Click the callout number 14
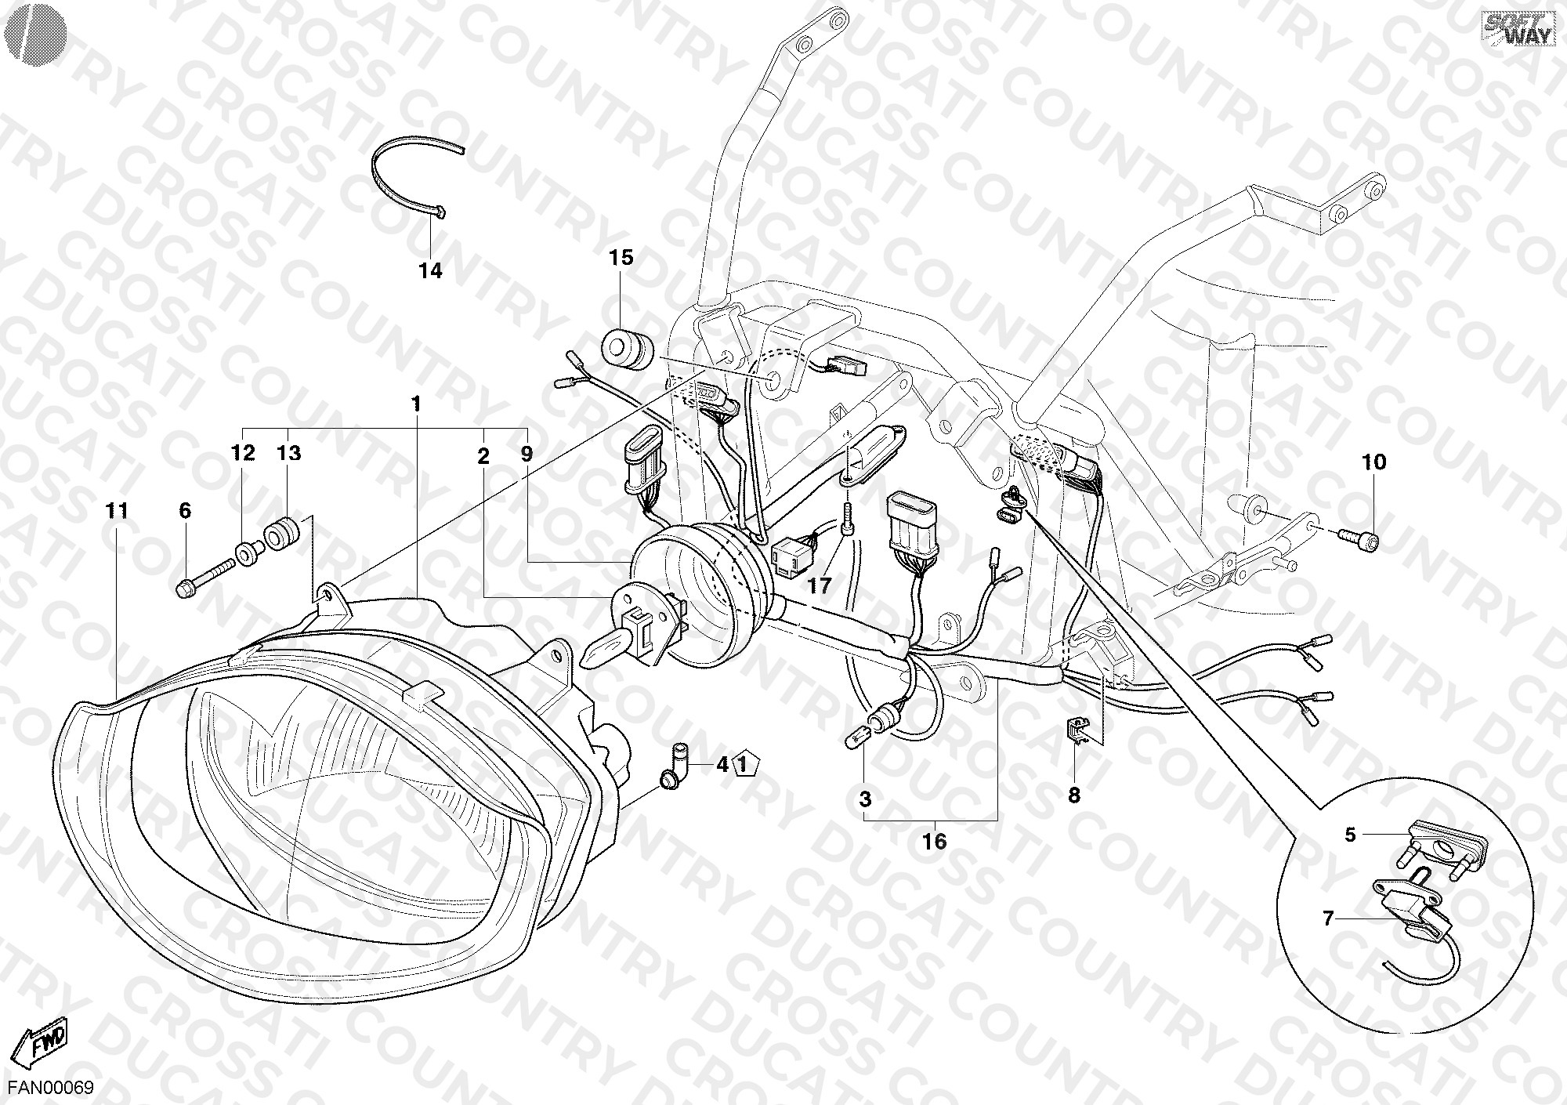[430, 271]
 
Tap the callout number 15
[621, 257]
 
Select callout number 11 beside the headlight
[117, 511]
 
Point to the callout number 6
[185, 511]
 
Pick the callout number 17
[820, 585]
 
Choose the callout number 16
[935, 842]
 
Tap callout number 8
[1074, 795]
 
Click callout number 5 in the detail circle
[1350, 835]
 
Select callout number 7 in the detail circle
[1328, 918]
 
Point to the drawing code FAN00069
[51, 1088]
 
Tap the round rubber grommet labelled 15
[628, 348]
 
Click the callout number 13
[288, 453]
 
